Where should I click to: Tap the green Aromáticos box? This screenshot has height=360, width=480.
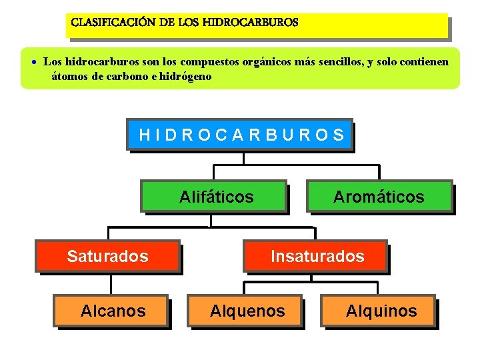[x=379, y=197]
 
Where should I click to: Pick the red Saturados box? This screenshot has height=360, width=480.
[x=107, y=256]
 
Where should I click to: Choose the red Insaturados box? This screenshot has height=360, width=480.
[x=317, y=256]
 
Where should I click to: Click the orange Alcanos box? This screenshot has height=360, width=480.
[x=112, y=311]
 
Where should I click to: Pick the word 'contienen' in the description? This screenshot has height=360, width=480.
[x=427, y=62]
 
